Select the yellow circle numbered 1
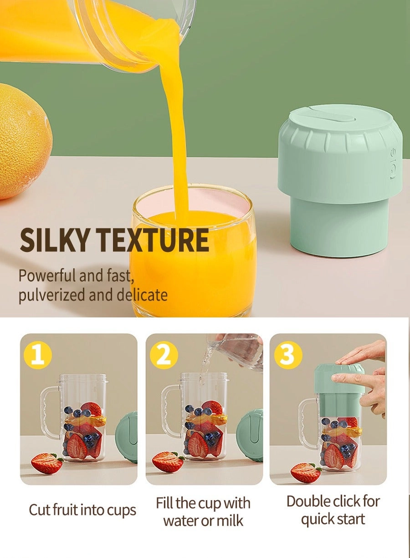coord(38,355)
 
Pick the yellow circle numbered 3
coord(287,355)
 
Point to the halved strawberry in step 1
coord(46,463)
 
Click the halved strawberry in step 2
coord(168,462)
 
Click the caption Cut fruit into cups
coord(82,510)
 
